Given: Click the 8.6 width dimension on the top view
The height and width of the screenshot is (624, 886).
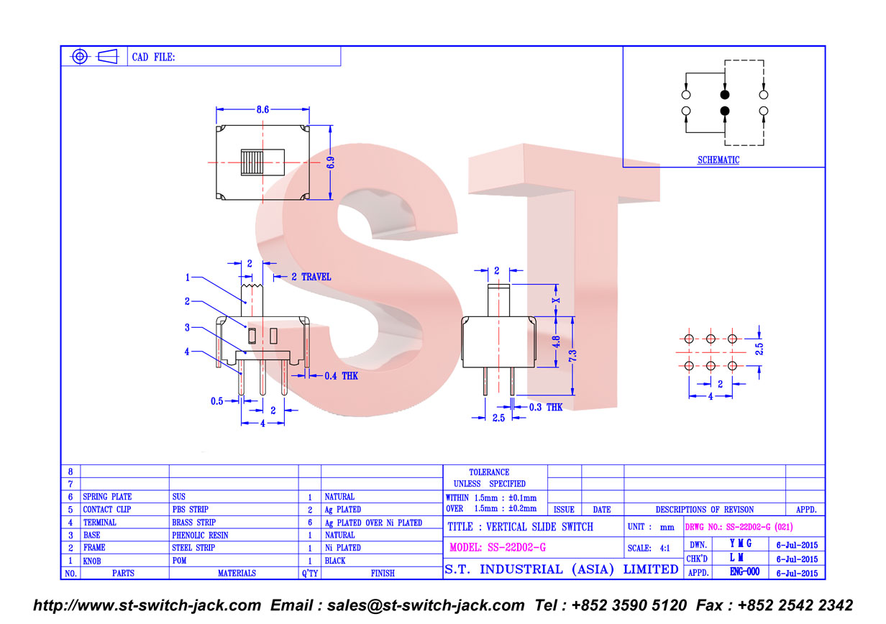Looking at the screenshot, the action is [262, 109].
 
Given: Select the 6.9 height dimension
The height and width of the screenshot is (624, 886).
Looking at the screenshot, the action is [331, 162].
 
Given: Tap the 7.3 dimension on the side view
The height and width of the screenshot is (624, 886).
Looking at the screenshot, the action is [572, 356].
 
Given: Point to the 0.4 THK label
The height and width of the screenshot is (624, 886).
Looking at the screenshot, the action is [341, 376].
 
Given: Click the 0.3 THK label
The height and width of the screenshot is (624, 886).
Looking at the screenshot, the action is [546, 408].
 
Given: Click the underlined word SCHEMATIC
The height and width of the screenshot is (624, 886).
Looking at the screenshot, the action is [718, 160].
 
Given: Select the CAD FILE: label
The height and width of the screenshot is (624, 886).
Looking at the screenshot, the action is [153, 58].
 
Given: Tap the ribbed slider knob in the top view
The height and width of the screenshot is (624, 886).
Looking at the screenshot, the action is [252, 162].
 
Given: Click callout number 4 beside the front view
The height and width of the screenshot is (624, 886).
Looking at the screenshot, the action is [187, 352].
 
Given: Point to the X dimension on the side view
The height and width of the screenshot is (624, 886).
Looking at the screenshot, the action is [556, 300].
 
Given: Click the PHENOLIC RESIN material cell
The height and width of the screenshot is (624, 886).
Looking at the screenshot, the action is [200, 536].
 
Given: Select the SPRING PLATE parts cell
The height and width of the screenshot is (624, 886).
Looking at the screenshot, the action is [107, 497].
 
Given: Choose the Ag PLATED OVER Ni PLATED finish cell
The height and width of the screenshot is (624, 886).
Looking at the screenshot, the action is [373, 523].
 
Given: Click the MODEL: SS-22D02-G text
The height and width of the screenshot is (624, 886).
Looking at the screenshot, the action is [498, 548].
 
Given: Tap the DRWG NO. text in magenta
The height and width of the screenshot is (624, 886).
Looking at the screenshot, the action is [739, 527].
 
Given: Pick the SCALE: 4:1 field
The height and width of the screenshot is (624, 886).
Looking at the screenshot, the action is [649, 549].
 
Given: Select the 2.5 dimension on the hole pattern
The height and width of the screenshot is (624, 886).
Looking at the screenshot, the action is [759, 349].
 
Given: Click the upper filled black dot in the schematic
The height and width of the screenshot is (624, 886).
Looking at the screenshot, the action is [725, 95].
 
